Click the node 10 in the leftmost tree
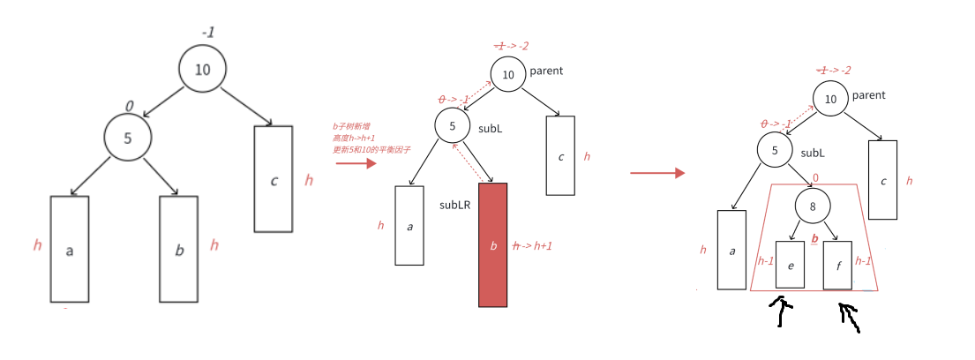(202, 69)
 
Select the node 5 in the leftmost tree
(128, 137)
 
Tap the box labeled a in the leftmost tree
(70, 249)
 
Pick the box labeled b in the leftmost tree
(179, 249)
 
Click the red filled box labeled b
(492, 244)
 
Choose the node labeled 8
(812, 207)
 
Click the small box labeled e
(790, 264)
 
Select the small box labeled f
(837, 264)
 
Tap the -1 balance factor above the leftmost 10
(207, 33)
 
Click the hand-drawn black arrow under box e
(780, 311)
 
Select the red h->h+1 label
(532, 246)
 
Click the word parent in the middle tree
(546, 71)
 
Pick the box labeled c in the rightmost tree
(883, 180)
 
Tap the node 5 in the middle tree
(452, 126)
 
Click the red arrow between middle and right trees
(656, 173)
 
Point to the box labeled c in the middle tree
(561, 155)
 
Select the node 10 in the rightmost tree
(830, 100)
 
